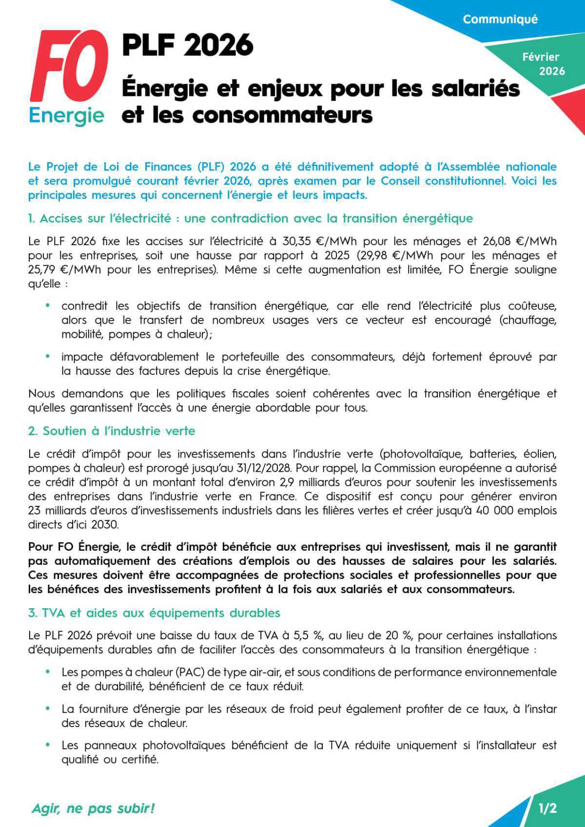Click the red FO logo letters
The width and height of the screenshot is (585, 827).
tap(68, 66)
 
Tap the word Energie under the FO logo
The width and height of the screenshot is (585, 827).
tap(66, 115)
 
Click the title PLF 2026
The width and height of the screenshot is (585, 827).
tap(188, 45)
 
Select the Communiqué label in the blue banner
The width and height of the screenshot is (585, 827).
tap(500, 19)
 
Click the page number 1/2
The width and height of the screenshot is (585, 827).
tap(547, 808)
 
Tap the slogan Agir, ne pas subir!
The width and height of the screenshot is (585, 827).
tap(93, 808)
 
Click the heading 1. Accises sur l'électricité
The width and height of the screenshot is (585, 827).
tap(250, 218)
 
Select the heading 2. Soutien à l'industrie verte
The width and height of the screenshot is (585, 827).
tap(112, 431)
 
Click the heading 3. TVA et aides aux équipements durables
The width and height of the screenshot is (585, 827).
tap(154, 613)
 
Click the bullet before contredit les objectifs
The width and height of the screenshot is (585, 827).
tap(48, 306)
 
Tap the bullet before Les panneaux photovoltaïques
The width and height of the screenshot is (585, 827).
tap(48, 745)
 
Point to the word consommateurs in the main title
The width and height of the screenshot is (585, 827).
tap(282, 115)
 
